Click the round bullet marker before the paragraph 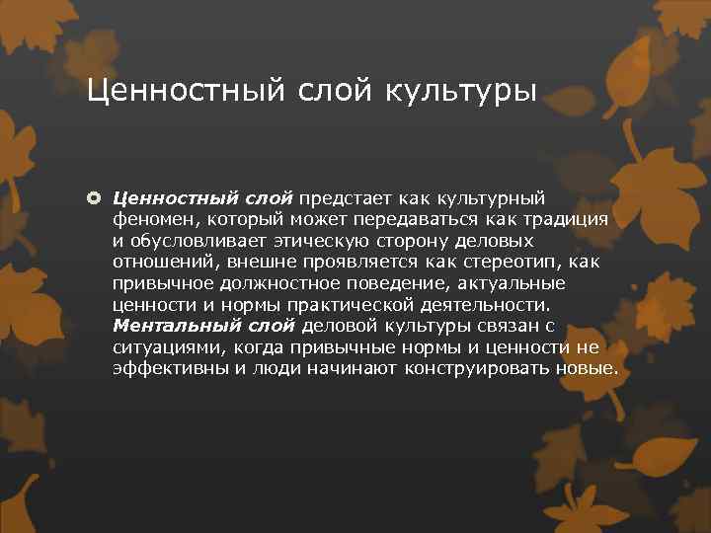pyautogui.click(x=97, y=197)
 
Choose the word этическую pyautogui.click(x=321, y=240)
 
